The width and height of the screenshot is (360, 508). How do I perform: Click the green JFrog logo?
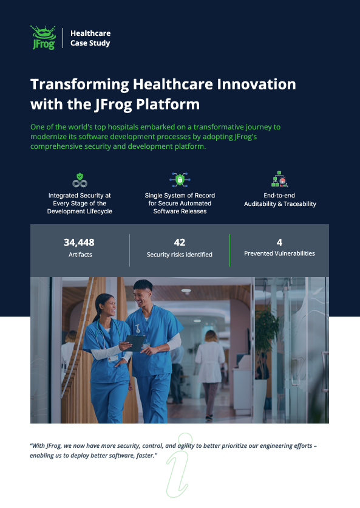[43, 38]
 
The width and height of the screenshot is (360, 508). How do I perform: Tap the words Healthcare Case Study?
[90, 38]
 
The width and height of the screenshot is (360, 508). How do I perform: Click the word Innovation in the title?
[256, 84]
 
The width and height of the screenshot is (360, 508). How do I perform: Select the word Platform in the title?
[168, 105]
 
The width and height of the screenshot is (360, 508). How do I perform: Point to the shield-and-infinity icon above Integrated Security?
[80, 180]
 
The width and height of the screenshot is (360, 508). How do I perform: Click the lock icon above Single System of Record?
[180, 179]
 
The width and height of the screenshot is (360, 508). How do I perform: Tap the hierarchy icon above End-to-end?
[279, 179]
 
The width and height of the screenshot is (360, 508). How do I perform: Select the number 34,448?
[79, 242]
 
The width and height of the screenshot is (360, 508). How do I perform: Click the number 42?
[179, 242]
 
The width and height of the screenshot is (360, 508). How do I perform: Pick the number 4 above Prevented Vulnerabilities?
[279, 242]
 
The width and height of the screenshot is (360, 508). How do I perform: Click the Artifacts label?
[80, 255]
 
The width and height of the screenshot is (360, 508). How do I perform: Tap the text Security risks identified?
[179, 255]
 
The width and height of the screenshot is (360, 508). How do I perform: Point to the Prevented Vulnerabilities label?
[279, 253]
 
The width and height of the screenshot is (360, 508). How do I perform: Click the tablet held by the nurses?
[135, 343]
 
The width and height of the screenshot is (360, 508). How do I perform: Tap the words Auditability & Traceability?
[280, 204]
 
